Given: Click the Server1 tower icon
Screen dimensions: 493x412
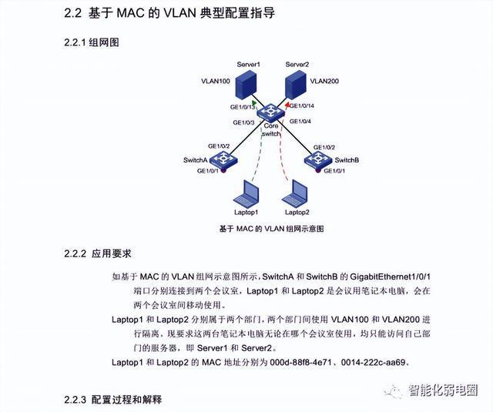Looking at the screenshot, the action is click(246, 83).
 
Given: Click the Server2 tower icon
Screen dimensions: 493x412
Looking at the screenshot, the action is click(295, 84).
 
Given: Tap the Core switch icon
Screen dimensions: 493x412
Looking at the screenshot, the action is click(270, 113).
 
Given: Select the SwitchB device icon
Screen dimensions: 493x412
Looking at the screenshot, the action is click(318, 159).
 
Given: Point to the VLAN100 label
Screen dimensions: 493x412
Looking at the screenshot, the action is click(216, 81).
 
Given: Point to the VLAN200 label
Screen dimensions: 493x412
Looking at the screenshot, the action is click(324, 81).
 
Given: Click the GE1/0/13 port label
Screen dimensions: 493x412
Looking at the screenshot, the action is click(243, 107).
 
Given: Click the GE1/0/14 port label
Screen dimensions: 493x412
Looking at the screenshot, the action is click(302, 106).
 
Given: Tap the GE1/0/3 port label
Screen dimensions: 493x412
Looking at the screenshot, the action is click(243, 122).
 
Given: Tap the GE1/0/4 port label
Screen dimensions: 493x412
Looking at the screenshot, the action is click(300, 122).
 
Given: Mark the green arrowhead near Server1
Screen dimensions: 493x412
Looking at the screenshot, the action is click(254, 103).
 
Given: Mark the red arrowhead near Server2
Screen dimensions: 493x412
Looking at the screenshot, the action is click(287, 104).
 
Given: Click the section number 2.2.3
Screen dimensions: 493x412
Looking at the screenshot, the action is click(75, 400).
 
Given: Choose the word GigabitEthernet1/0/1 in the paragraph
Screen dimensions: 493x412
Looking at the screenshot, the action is click(390, 277).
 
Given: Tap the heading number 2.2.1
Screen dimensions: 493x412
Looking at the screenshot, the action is click(75, 42).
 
